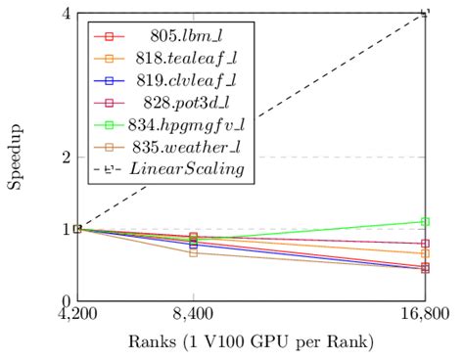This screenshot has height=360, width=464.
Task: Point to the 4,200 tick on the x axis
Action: [x=76, y=317]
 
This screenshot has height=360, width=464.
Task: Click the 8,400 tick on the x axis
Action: [x=193, y=317]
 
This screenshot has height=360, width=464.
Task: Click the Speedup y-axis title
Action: [x=18, y=157]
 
